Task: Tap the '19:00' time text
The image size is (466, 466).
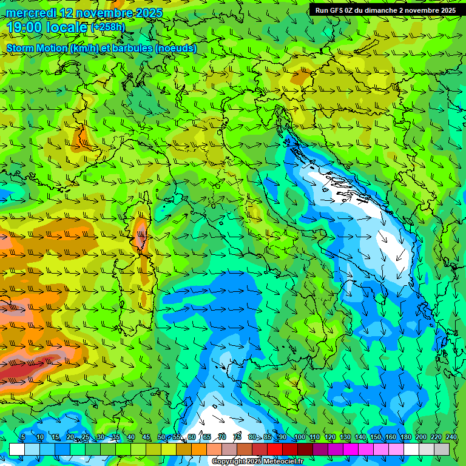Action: (24, 27)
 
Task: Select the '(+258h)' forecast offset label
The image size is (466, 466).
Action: (108, 27)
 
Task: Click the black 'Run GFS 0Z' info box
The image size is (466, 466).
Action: (386, 10)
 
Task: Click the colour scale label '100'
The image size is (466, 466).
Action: (299, 437)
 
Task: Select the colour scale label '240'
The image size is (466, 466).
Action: (451, 437)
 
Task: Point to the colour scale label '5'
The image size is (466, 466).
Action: (23, 437)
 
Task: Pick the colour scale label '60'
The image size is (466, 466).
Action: (192, 437)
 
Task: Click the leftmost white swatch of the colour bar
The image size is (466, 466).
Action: (17, 449)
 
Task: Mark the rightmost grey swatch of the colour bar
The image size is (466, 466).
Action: (442, 449)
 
